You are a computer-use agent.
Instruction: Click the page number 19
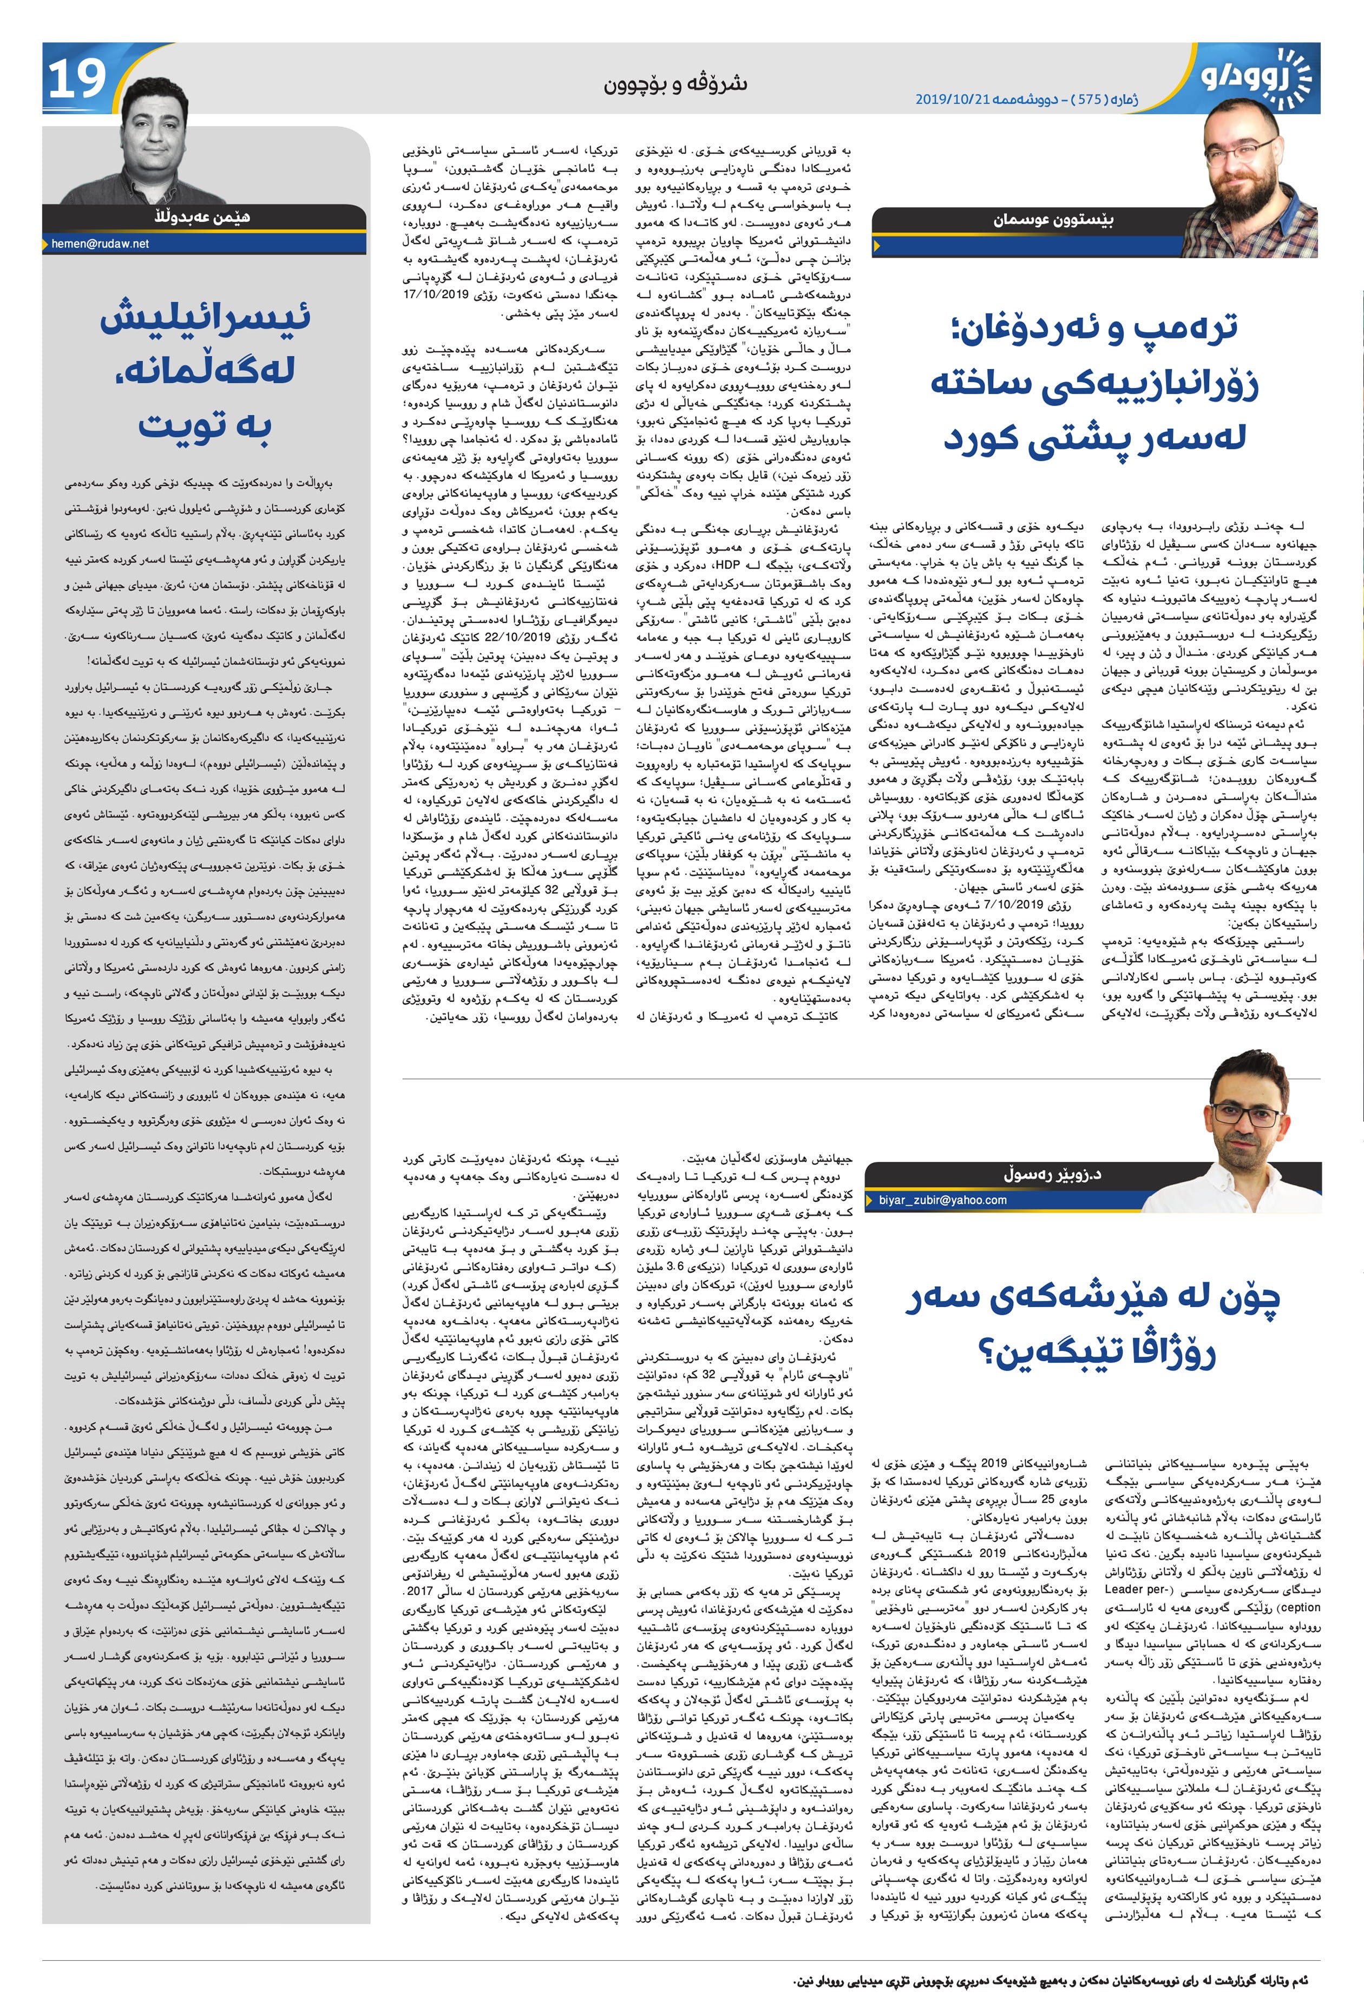coord(77,78)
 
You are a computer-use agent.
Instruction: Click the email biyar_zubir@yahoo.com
coord(943,1199)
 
